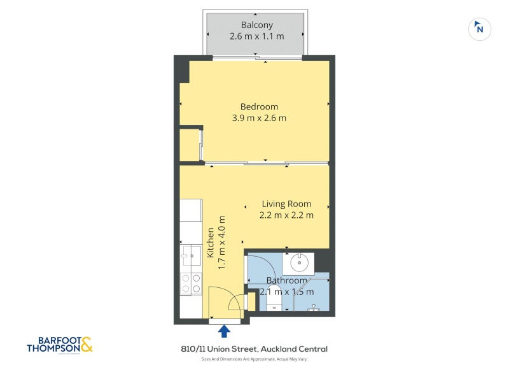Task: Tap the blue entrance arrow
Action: pyautogui.click(x=224, y=331)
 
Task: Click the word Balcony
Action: pyautogui.click(x=257, y=25)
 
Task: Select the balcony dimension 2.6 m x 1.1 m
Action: pyautogui.click(x=256, y=37)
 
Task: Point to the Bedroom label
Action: pyautogui.click(x=259, y=106)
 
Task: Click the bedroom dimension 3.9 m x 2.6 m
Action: pyautogui.click(x=259, y=118)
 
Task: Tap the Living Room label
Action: pyautogui.click(x=286, y=204)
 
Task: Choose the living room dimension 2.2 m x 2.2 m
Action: pyautogui.click(x=286, y=215)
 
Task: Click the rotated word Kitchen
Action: pyautogui.click(x=211, y=243)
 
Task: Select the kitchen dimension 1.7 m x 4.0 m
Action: pyautogui.click(x=222, y=243)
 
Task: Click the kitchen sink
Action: pyautogui.click(x=190, y=255)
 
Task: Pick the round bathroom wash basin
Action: pyautogui.click(x=299, y=262)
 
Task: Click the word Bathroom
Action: pyautogui.click(x=287, y=280)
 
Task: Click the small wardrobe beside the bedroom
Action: pyautogui.click(x=190, y=145)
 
